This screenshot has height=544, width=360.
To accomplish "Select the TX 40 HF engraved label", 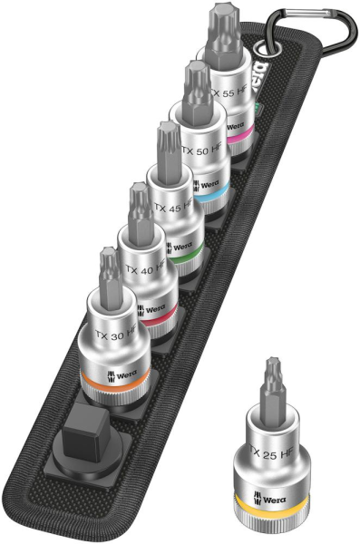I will point(146,269).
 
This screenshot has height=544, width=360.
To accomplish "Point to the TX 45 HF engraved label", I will point(175,208).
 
